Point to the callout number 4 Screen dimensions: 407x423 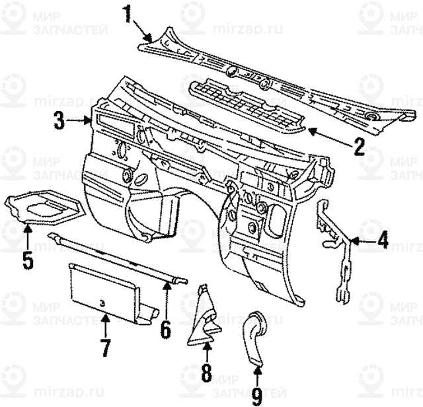(383, 240)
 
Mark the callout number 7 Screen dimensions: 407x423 (105, 346)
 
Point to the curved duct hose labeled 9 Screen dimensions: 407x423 (254, 338)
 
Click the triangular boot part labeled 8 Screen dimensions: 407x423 (204, 317)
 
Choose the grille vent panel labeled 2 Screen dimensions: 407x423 (248, 106)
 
